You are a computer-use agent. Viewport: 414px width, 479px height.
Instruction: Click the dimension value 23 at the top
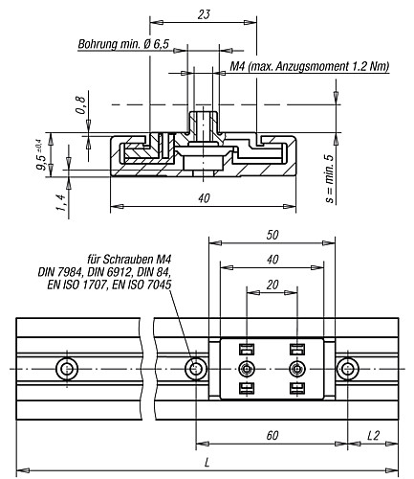(x=204, y=14)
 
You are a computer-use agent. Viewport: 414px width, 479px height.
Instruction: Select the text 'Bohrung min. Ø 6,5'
(x=123, y=44)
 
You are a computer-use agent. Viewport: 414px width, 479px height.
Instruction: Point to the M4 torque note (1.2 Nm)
(x=310, y=66)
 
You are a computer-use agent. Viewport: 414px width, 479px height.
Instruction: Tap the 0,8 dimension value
(x=81, y=105)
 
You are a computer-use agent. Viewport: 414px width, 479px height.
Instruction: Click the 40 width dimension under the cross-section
(x=204, y=198)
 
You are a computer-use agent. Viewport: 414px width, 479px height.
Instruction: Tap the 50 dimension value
(x=272, y=235)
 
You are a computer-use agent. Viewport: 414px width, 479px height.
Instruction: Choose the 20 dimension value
(x=272, y=285)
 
